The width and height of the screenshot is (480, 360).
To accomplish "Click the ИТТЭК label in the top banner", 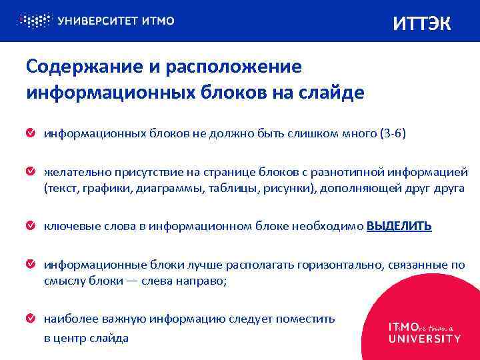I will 422,24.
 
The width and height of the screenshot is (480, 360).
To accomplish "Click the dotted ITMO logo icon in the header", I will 34,20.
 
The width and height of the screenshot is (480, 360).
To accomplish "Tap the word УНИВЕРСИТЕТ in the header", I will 97,21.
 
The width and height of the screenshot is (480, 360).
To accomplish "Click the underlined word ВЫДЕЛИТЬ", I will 399,226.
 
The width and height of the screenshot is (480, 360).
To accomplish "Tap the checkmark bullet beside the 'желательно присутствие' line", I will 31,172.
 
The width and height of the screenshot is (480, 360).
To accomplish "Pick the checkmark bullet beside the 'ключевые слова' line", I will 31,227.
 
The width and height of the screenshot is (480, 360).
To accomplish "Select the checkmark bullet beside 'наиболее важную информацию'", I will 31,319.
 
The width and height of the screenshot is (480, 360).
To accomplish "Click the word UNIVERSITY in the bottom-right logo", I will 424,339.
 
